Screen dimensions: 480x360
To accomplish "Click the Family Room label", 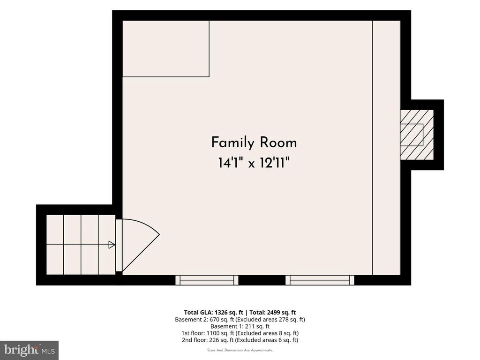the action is [x=254, y=142].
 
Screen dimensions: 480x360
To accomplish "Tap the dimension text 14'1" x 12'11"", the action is [x=254, y=163].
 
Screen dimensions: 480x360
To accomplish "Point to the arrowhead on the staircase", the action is [x=112, y=245].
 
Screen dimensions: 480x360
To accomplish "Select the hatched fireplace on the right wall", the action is [x=417, y=135].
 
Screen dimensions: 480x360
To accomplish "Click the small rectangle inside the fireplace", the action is [x=412, y=135].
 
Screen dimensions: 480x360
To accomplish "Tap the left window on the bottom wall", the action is [x=207, y=280].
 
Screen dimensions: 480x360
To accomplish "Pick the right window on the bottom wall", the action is [x=320, y=280].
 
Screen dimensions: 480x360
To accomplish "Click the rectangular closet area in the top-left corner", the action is [x=165, y=49].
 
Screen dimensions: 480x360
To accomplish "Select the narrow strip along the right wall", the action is [x=386, y=148].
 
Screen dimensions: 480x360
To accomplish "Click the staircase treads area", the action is [x=81, y=245].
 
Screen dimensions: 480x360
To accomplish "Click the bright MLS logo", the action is [x=29, y=350].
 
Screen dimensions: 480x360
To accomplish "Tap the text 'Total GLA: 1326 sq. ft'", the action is [x=213, y=313].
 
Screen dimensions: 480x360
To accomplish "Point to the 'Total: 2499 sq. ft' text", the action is [x=272, y=313].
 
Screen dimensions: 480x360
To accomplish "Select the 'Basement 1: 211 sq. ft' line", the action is [x=240, y=326].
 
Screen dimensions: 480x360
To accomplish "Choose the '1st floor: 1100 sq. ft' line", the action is [x=208, y=333].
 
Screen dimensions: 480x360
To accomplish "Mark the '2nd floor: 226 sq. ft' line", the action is [x=208, y=340].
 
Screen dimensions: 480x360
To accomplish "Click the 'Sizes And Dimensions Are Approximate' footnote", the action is [x=240, y=350].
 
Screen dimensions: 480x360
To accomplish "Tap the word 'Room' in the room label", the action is [x=278, y=142].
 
